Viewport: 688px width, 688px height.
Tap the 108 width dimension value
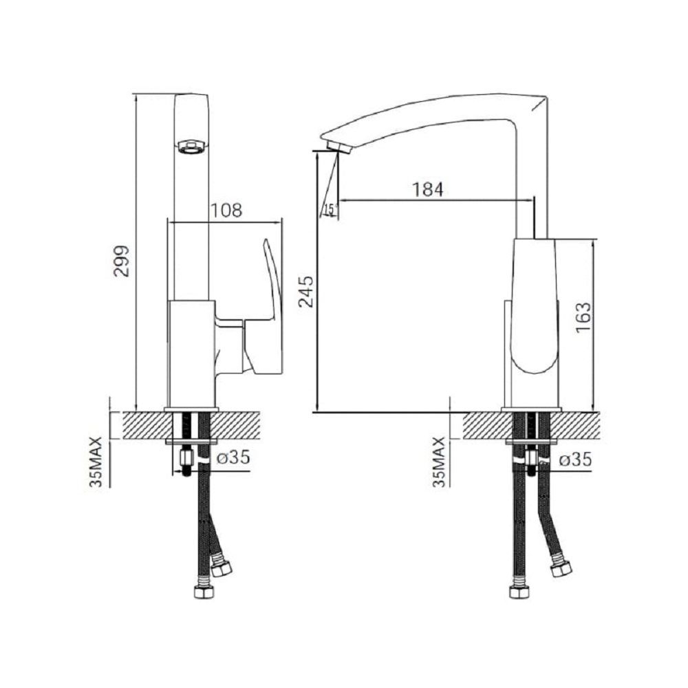click(x=226, y=210)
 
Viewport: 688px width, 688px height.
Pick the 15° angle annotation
click(x=330, y=209)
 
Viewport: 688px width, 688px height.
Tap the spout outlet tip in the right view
click(x=338, y=146)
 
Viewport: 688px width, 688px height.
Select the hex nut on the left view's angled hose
click(x=222, y=568)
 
